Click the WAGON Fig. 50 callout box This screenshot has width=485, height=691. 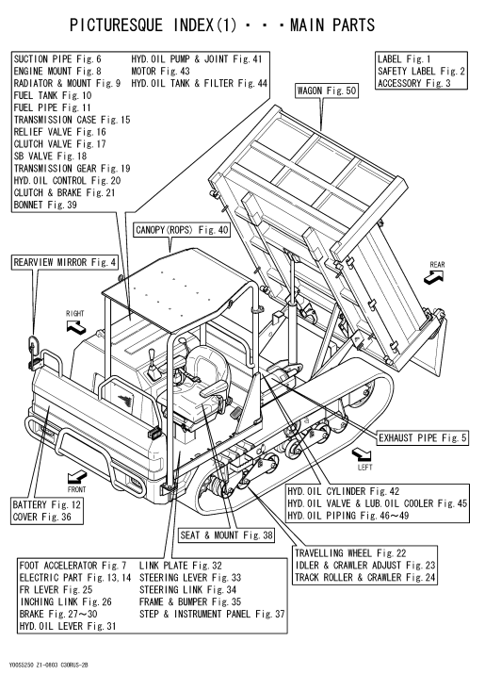pyautogui.click(x=327, y=90)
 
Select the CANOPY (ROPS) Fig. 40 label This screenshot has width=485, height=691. pyautogui.click(x=182, y=230)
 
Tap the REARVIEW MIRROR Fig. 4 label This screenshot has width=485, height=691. pyautogui.click(x=65, y=262)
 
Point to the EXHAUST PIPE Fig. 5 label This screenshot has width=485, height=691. pyautogui.click(x=423, y=437)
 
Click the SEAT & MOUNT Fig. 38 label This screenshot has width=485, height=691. pyautogui.click(x=226, y=535)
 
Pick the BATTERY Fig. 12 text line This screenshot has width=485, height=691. pyautogui.click(x=47, y=504)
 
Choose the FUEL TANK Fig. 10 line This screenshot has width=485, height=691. pyautogui.click(x=53, y=95)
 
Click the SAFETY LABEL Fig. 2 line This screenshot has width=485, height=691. pyautogui.click(x=421, y=71)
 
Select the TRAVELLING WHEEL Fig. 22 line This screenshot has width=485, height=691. pyautogui.click(x=350, y=553)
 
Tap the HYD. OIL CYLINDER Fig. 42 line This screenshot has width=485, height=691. pyautogui.click(x=344, y=491)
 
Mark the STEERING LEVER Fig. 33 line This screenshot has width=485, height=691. pyautogui.click(x=190, y=577)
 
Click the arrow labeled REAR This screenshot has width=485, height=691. pyautogui.click(x=433, y=277)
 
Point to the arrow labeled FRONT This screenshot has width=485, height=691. pyautogui.click(x=77, y=477)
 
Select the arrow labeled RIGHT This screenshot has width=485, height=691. pyautogui.click(x=75, y=326)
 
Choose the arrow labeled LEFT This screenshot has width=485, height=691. pyautogui.click(x=362, y=453)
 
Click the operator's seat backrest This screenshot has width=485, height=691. pyautogui.click(x=209, y=366)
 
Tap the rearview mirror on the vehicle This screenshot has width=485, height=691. pyautogui.click(x=34, y=344)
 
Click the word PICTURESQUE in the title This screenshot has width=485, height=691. pyautogui.click(x=116, y=25)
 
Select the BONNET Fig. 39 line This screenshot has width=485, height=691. pyautogui.click(x=45, y=205)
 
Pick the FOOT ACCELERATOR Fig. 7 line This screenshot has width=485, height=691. pyautogui.click(x=73, y=566)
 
